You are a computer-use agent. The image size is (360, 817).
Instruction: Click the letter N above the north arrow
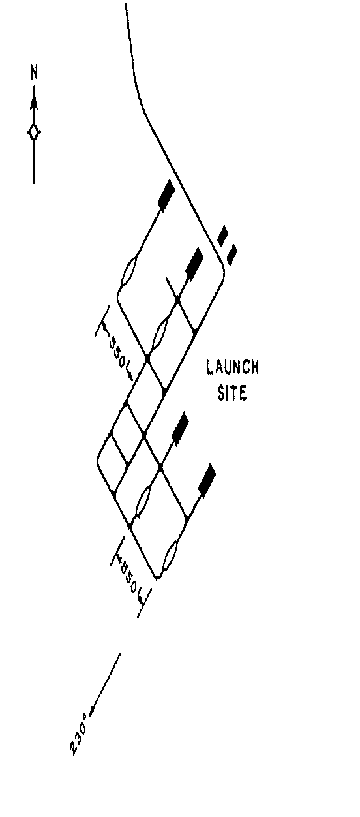(35, 72)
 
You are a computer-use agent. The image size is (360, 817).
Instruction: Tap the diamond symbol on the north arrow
(35, 132)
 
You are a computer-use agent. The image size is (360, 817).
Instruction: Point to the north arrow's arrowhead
(35, 102)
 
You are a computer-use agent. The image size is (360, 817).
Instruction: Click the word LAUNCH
(233, 367)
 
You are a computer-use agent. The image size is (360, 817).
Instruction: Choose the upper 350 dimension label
(119, 352)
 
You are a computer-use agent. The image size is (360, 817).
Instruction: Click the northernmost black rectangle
(166, 196)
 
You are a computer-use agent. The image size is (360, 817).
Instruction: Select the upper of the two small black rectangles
(222, 236)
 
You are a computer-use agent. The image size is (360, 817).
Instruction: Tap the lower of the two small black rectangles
(232, 254)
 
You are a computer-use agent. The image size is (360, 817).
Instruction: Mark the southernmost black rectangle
(207, 480)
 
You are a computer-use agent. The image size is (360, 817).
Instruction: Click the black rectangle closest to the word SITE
(180, 429)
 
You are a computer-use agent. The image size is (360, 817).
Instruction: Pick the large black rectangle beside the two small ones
(194, 264)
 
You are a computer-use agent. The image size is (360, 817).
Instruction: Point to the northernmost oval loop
(129, 271)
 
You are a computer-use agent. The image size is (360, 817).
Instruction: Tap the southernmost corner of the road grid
(157, 577)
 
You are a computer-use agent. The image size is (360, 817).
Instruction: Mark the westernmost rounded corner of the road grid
(99, 460)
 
